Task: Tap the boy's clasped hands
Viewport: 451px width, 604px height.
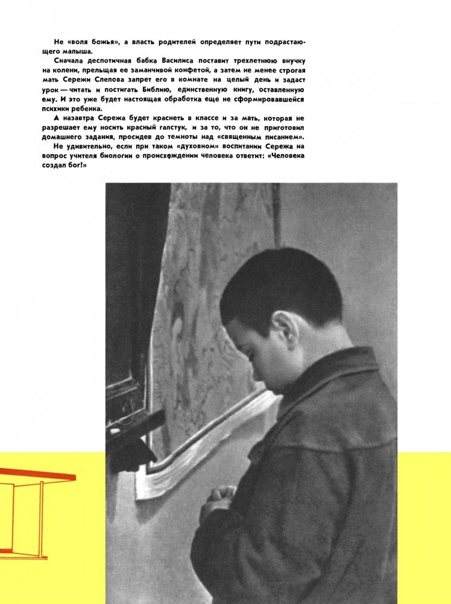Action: [222, 498]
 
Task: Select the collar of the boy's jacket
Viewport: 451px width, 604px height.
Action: [338, 387]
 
